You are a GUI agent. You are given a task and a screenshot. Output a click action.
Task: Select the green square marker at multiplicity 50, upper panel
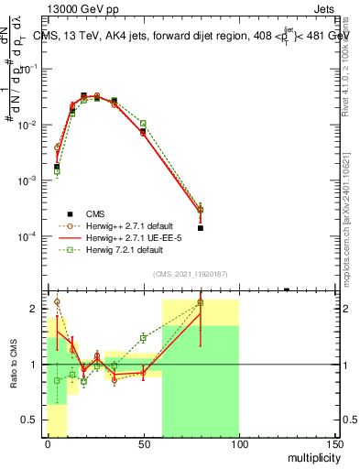coord(143,123)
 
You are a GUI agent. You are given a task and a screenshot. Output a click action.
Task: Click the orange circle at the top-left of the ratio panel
coord(57,301)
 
